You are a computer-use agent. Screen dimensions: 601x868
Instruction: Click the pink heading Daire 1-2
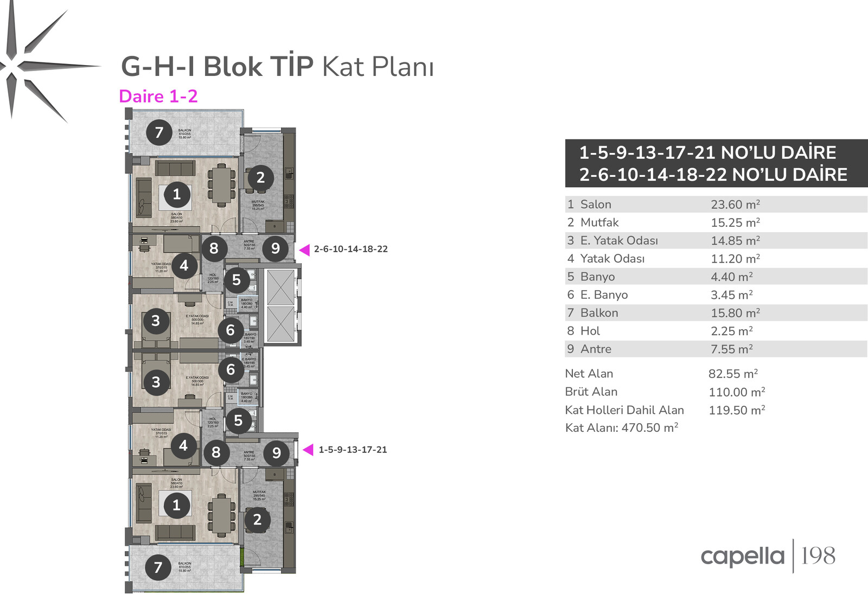pyautogui.click(x=158, y=97)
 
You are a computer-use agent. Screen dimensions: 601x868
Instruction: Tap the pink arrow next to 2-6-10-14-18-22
pyautogui.click(x=304, y=250)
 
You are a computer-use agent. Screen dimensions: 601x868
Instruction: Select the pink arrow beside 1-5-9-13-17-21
pyautogui.click(x=308, y=450)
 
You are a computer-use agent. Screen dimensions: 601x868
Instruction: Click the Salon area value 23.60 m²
pyautogui.click(x=735, y=204)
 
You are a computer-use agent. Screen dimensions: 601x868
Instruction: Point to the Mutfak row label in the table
pyautogui.click(x=599, y=222)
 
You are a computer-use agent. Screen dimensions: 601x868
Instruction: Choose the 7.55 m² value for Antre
pyautogui.click(x=731, y=349)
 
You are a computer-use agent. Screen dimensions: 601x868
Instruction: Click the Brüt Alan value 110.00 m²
pyautogui.click(x=737, y=392)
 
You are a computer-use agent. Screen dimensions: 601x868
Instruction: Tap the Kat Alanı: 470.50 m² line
pyautogui.click(x=621, y=428)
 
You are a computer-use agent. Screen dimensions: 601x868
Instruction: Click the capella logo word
pyautogui.click(x=742, y=557)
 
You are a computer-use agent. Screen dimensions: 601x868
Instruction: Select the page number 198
pyautogui.click(x=818, y=556)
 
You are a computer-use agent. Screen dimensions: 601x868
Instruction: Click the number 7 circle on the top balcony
pyautogui.click(x=159, y=132)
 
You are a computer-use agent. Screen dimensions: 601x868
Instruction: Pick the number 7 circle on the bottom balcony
pyautogui.click(x=158, y=567)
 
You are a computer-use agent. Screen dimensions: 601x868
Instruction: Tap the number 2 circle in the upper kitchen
pyautogui.click(x=260, y=177)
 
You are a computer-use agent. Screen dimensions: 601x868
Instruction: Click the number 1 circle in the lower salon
pyautogui.click(x=176, y=506)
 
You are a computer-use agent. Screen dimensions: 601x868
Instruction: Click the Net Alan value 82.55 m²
pyautogui.click(x=733, y=374)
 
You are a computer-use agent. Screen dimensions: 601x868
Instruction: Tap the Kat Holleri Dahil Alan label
pyautogui.click(x=624, y=410)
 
